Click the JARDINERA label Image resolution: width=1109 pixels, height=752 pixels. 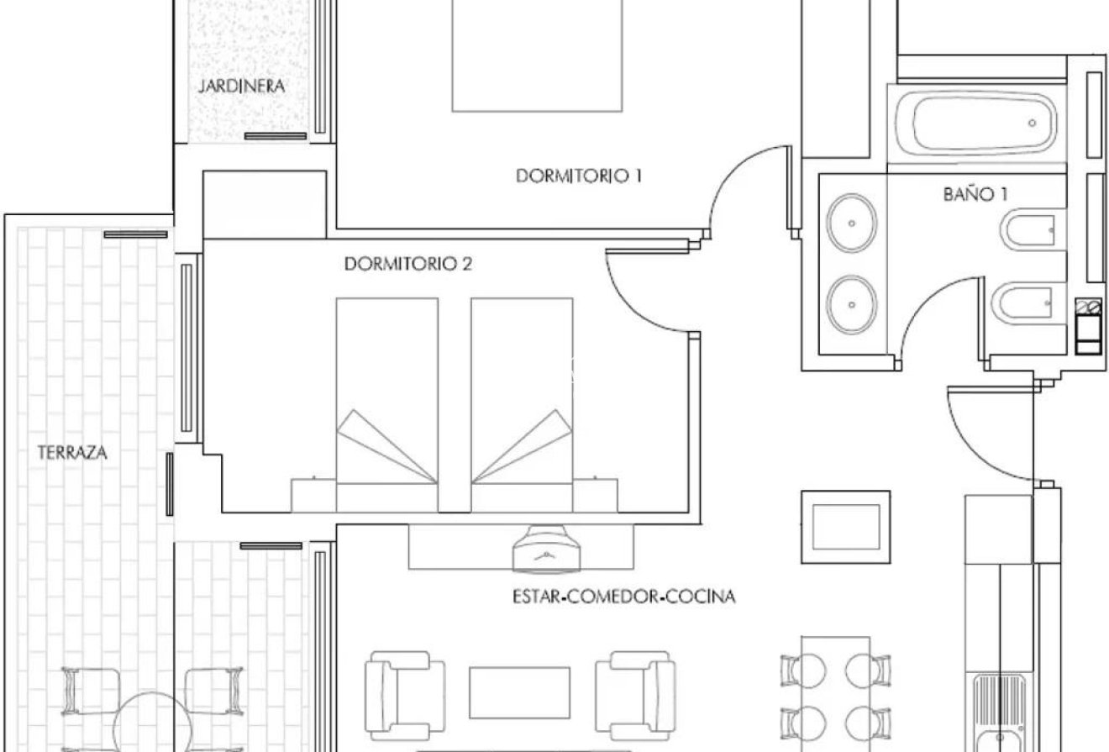click(x=242, y=87)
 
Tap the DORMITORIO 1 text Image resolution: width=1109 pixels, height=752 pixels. click(x=579, y=176)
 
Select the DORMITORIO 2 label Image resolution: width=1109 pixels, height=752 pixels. click(x=408, y=264)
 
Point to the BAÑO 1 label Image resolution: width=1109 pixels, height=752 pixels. click(x=975, y=194)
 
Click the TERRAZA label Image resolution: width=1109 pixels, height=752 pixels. click(x=72, y=453)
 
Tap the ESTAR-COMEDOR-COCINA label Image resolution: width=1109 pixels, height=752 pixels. click(x=623, y=597)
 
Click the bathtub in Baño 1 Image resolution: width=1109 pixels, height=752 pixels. click(x=975, y=124)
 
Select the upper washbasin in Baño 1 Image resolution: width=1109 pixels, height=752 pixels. click(x=852, y=223)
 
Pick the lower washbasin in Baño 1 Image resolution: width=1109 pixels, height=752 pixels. click(x=852, y=304)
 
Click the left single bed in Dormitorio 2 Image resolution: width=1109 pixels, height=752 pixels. click(x=387, y=405)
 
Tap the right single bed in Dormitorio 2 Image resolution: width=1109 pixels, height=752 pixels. click(x=523, y=405)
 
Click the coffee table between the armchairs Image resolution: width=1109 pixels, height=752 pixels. click(x=520, y=692)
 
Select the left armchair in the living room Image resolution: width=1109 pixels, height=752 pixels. click(x=405, y=696)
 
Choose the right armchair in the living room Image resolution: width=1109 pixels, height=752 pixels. click(x=635, y=696)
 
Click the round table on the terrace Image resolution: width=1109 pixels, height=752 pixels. click(x=153, y=723)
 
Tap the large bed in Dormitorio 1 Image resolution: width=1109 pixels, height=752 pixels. click(x=537, y=55)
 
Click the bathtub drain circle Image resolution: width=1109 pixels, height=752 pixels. click(x=1033, y=124)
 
